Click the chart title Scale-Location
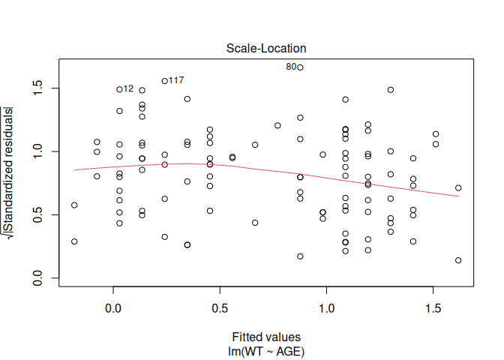pos(266,48)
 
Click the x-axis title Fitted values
pos(266,337)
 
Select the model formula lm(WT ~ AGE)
pos(266,350)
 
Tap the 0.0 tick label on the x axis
pos(112,308)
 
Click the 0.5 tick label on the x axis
pos(220,308)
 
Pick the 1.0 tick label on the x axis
pos(326,308)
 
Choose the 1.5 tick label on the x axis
pos(433,308)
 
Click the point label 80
pos(291,67)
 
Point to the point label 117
pos(176,80)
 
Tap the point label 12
pos(128,88)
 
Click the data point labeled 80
pos(300,67)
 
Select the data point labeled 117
pos(165,81)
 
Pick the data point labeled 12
pos(119,89)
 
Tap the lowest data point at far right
pos(458,260)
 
